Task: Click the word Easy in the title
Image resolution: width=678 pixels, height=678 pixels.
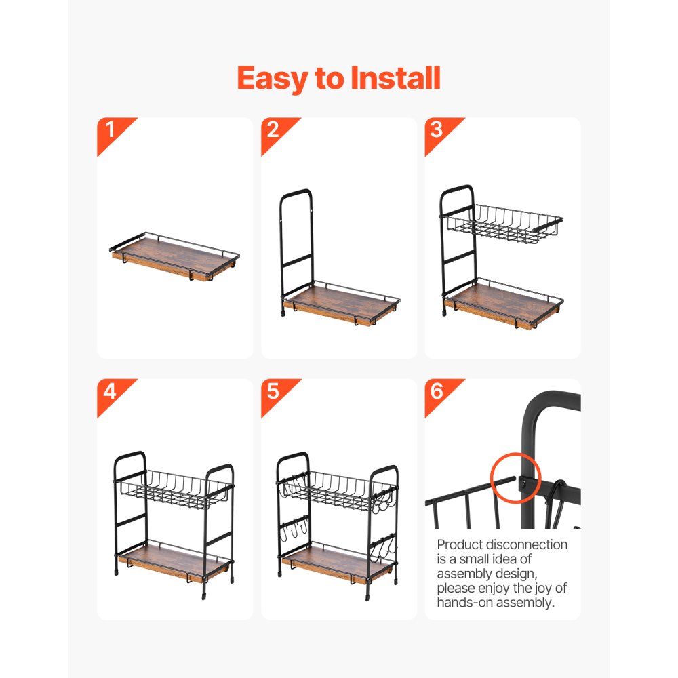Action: [273, 79]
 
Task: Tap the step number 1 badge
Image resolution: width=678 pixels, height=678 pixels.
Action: [108, 129]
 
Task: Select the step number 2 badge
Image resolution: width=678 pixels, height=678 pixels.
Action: [273, 129]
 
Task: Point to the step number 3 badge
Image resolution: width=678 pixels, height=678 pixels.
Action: [437, 129]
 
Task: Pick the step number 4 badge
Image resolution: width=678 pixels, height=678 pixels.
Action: [108, 391]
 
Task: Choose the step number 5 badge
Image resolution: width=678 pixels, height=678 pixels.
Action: [273, 391]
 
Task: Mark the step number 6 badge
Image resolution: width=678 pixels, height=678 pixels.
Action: [437, 391]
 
